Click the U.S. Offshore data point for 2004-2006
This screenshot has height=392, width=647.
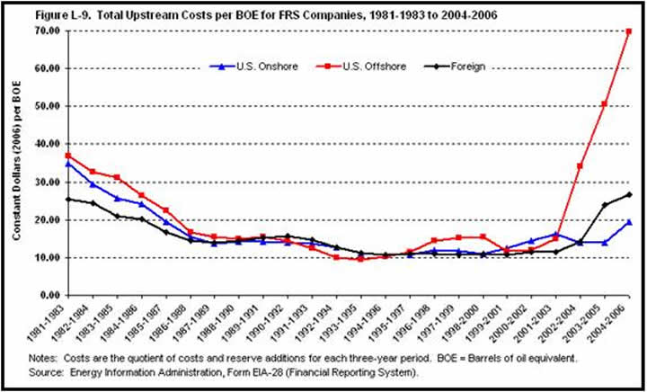pyautogui.click(x=628, y=31)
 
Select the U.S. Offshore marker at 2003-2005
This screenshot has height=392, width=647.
pyautogui.click(x=605, y=104)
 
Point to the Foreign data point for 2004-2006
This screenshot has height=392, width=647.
pyautogui.click(x=628, y=194)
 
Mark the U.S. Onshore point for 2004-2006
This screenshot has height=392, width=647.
pyautogui.click(x=628, y=221)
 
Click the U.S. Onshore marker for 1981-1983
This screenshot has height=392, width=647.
pyautogui.click(x=68, y=164)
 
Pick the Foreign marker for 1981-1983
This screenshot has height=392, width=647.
pyautogui.click(x=68, y=199)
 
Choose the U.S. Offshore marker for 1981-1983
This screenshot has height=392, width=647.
pyautogui.click(x=68, y=156)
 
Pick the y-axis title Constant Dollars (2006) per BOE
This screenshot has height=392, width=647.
pyautogui.click(x=17, y=163)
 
